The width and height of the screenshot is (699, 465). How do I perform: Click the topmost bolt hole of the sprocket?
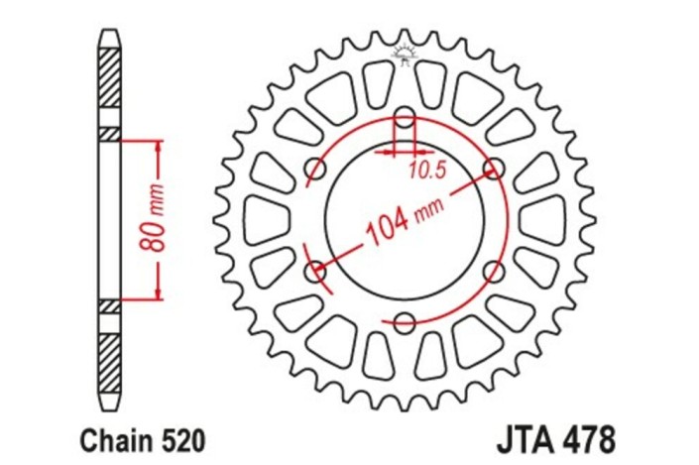pos(405,113)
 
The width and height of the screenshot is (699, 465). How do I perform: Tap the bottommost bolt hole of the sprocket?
pos(405,320)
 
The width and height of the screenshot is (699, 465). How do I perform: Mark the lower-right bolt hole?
pos(494,269)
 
